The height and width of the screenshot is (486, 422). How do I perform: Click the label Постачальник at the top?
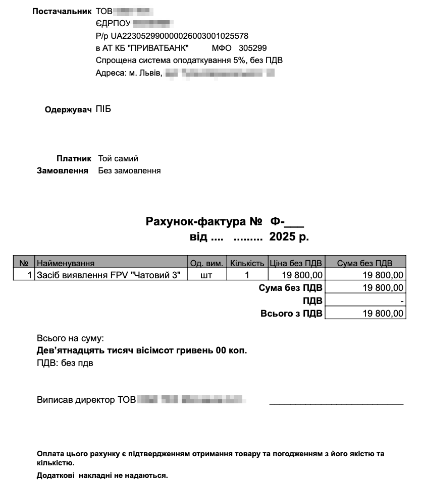click(x=62, y=11)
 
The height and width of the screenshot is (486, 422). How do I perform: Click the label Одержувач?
click(x=68, y=110)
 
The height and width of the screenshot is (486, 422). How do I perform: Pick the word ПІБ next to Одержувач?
click(x=103, y=109)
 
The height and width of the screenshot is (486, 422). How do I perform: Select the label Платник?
click(x=73, y=158)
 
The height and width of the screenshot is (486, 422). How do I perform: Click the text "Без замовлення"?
click(x=129, y=171)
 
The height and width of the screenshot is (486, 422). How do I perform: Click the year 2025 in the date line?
click(x=283, y=236)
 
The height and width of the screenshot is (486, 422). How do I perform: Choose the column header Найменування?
click(x=66, y=263)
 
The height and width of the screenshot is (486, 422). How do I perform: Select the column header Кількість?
click(x=247, y=263)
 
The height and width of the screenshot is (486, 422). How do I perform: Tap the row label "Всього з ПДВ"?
click(x=291, y=314)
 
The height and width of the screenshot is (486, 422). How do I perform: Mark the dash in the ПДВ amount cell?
click(x=402, y=301)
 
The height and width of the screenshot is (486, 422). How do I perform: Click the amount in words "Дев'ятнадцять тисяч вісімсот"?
click(x=142, y=350)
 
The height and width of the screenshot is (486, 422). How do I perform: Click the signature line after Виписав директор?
click(x=336, y=402)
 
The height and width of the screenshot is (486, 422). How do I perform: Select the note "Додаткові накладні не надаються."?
click(x=102, y=475)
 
